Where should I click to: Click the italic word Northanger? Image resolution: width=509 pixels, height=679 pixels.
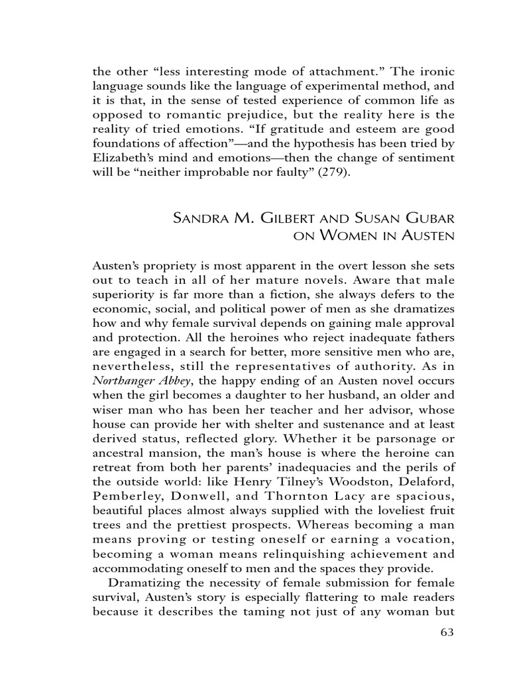[125, 380]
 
